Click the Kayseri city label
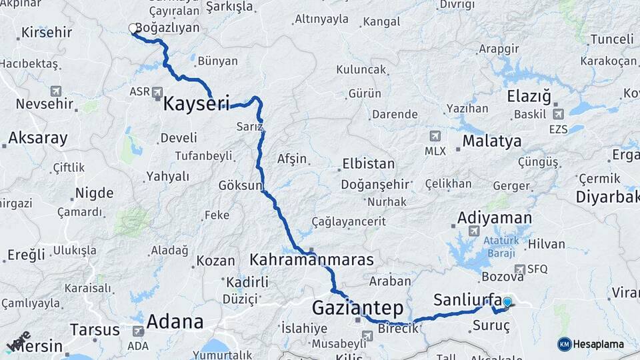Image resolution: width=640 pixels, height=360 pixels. coord(196,103)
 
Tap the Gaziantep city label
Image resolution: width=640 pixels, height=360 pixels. coord(358,308)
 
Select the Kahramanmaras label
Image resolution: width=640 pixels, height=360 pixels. coord(311,259)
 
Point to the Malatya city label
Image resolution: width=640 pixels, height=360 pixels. coord(491,141)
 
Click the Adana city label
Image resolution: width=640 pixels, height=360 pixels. coord(175,321)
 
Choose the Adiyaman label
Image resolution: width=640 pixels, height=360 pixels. coord(494,218)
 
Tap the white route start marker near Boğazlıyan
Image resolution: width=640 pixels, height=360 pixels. coord(133,29)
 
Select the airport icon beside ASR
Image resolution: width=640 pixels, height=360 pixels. coord(157,92)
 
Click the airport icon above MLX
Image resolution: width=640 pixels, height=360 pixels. coord(435,136)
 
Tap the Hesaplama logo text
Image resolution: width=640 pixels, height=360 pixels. coord(598,344)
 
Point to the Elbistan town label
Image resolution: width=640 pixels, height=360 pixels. coord(368,163)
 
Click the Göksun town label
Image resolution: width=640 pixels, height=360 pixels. coord(241,185)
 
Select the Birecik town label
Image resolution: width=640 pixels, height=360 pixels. coord(397,328)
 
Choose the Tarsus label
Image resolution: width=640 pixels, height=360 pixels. coord(94,330)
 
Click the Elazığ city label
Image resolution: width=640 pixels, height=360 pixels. coord(529,96)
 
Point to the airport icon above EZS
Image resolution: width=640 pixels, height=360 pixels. coord(557,113)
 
